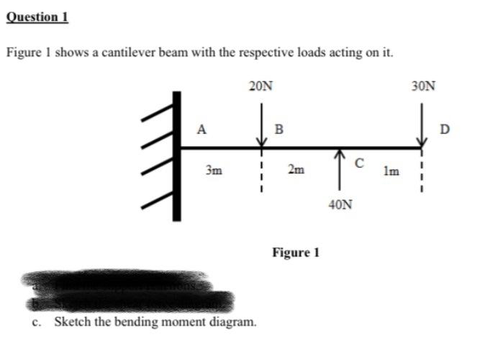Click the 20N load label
[261, 87]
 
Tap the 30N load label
[424, 87]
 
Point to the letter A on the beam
[203, 130]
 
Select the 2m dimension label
[295, 171]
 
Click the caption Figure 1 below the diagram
[295, 253]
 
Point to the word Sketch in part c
[71, 321]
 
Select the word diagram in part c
[232, 321]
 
